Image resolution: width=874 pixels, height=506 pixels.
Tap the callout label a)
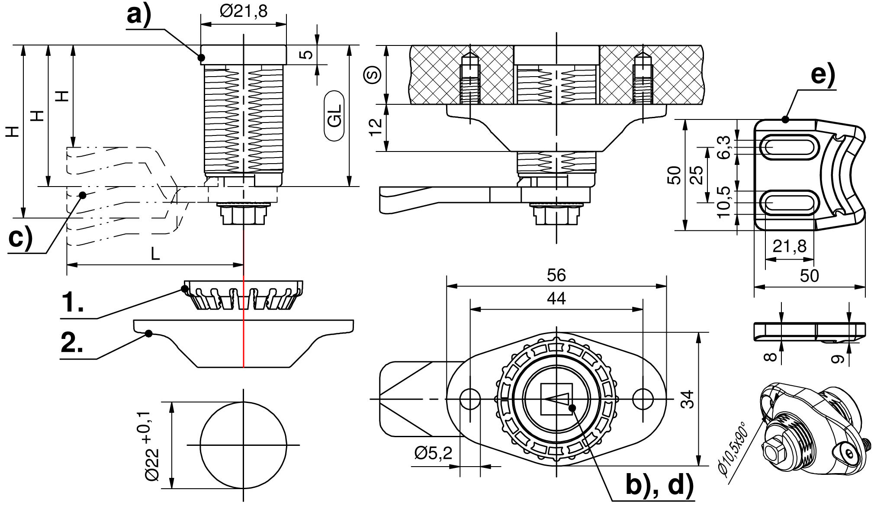click(x=139, y=16)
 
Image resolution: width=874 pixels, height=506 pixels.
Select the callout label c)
click(x=20, y=238)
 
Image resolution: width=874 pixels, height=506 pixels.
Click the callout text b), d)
click(x=659, y=485)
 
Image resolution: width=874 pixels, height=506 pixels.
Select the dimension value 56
click(x=556, y=275)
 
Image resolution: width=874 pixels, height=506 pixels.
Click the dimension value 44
click(x=556, y=299)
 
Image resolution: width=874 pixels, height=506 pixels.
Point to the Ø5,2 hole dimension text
click(x=433, y=453)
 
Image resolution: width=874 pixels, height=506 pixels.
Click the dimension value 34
click(x=688, y=399)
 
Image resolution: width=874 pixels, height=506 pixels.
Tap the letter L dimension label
click(x=155, y=254)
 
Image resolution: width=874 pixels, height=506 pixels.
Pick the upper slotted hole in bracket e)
click(x=790, y=147)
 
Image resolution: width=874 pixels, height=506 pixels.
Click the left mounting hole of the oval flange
click(x=470, y=399)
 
